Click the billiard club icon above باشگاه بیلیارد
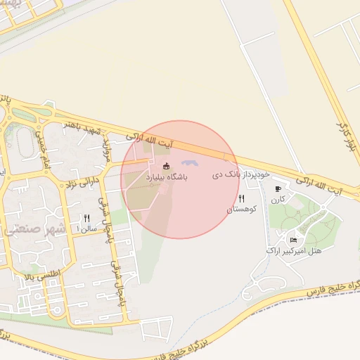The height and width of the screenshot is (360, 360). tap(166, 166)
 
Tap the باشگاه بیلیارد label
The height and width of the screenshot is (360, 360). tap(167, 178)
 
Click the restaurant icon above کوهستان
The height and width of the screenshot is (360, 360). tap(242, 199)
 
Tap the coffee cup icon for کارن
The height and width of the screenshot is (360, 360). tap(278, 189)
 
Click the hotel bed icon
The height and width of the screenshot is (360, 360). tap(293, 240)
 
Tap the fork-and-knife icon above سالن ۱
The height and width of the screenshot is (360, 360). tap(87, 218)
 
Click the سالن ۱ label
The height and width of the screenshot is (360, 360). tap(87, 229)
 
